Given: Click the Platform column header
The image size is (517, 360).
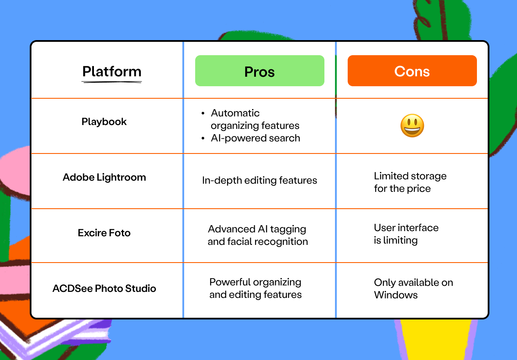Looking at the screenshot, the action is [112, 71].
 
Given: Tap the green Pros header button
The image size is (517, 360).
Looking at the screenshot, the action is [259, 71].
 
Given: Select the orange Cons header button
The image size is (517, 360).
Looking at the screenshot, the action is [412, 71].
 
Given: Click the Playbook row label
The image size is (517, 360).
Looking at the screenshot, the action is [104, 122].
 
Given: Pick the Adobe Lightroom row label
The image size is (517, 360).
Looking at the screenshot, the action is [104, 177].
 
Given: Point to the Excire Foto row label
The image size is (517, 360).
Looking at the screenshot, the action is [104, 233].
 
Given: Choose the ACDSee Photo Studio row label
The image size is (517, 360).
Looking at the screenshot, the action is [104, 288].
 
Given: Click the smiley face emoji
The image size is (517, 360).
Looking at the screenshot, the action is [412, 126].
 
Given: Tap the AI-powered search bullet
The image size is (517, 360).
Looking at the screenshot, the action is [255, 138].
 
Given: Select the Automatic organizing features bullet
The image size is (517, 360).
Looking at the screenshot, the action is [255, 119].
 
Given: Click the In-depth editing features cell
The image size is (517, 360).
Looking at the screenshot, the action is [259, 181].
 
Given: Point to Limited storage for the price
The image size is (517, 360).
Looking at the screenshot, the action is [410, 182].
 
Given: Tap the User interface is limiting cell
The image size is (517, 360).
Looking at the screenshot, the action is [406, 234].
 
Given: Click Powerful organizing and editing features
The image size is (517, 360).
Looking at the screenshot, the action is [255, 288].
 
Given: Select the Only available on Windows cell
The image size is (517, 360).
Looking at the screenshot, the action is [413, 289].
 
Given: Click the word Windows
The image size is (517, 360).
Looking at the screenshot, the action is [396, 295].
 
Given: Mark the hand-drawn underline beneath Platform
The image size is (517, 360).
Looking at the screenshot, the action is [112, 81].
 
